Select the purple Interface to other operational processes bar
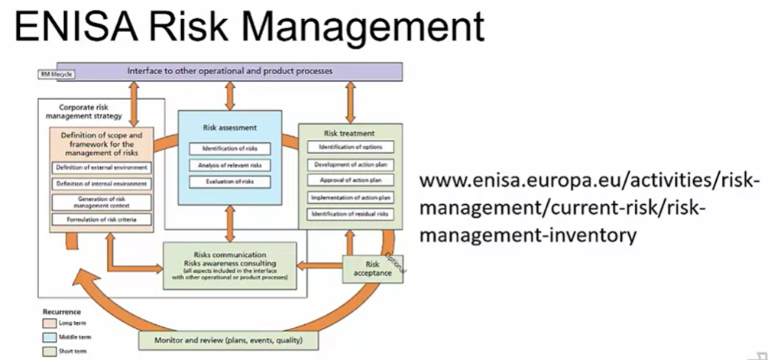point(228,71)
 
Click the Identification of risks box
point(226,148)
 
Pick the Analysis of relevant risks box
point(226,164)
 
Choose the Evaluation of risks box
point(226,181)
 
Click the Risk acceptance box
point(372,268)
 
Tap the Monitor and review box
point(228,340)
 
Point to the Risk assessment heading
point(229,128)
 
